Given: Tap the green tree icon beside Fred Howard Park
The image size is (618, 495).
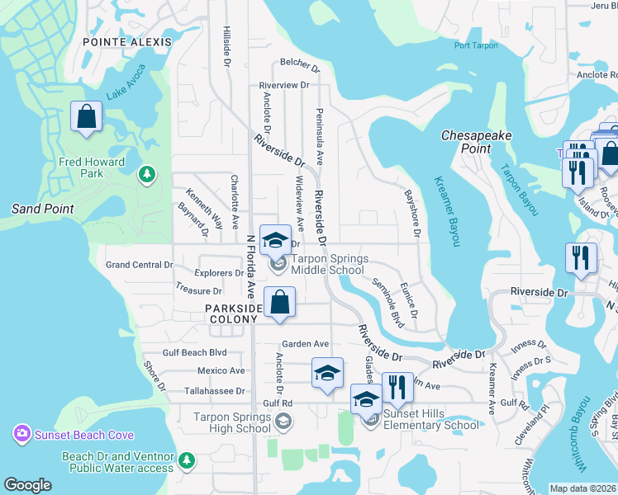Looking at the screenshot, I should pyautogui.click(x=147, y=173).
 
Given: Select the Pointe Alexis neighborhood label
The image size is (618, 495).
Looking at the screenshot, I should pyautogui.click(x=127, y=41).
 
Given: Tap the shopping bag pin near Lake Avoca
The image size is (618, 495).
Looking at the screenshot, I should pyautogui.click(x=87, y=118).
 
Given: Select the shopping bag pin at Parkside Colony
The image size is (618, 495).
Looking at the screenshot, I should pyautogui.click(x=280, y=302).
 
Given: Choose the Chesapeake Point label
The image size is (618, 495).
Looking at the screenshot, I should pyautogui.click(x=477, y=141).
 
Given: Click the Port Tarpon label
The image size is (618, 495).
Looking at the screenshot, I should pyautogui.click(x=476, y=45).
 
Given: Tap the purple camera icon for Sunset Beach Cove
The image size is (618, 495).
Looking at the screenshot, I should pyautogui.click(x=21, y=433).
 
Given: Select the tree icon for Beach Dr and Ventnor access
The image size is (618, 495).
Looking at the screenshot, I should pyautogui.click(x=188, y=459).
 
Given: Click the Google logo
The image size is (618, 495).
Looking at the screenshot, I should pyautogui.click(x=27, y=485).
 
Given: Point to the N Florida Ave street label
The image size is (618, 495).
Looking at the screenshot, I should pyautogui.click(x=250, y=266).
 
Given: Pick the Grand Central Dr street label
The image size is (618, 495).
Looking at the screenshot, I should pyautogui.click(x=140, y=265).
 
